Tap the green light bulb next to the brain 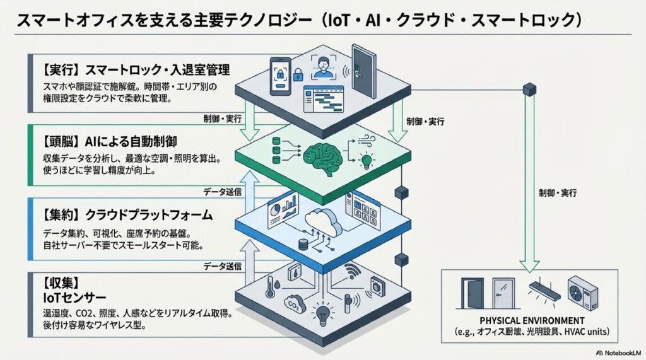(365, 161)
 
